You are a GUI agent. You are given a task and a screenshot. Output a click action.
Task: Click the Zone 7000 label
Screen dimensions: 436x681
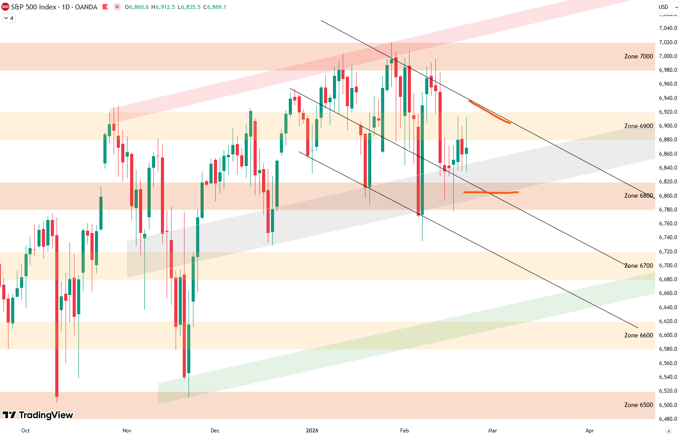[x=638, y=56]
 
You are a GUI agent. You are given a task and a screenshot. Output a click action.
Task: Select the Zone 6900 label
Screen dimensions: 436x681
[x=638, y=126]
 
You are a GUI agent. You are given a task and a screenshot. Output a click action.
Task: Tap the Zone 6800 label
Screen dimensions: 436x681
[x=638, y=195]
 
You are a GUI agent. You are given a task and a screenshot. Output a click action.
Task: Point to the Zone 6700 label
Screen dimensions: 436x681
[x=638, y=266]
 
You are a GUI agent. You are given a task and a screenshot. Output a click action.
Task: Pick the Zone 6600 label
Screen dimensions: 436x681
[x=638, y=335]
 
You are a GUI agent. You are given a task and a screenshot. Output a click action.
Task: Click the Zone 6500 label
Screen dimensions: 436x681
[x=638, y=405]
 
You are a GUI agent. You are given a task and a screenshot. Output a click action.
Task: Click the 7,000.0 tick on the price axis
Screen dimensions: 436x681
[x=668, y=56]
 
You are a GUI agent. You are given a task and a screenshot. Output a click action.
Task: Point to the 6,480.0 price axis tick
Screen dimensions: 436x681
[x=668, y=419]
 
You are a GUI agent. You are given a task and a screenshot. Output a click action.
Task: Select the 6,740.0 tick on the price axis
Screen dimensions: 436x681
[x=668, y=237]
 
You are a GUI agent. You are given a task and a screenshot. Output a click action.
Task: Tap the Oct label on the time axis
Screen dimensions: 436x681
[x=25, y=431]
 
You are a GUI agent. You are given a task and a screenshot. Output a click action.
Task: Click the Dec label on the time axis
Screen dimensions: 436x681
[x=215, y=431]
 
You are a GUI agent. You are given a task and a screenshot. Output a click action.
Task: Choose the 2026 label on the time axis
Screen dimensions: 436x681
[x=312, y=431]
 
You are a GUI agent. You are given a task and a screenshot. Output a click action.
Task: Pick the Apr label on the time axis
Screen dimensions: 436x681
[x=590, y=431]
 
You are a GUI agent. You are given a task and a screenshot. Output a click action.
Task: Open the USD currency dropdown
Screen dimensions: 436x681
[x=668, y=7]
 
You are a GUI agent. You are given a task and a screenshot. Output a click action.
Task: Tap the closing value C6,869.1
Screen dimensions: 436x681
[x=215, y=7]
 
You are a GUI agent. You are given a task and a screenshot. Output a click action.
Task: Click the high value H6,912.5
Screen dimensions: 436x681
[x=163, y=7]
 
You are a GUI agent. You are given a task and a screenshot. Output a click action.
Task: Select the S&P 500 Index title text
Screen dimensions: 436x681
[x=33, y=7]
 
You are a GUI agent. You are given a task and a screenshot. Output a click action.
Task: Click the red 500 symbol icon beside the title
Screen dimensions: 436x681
[x=5, y=7]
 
